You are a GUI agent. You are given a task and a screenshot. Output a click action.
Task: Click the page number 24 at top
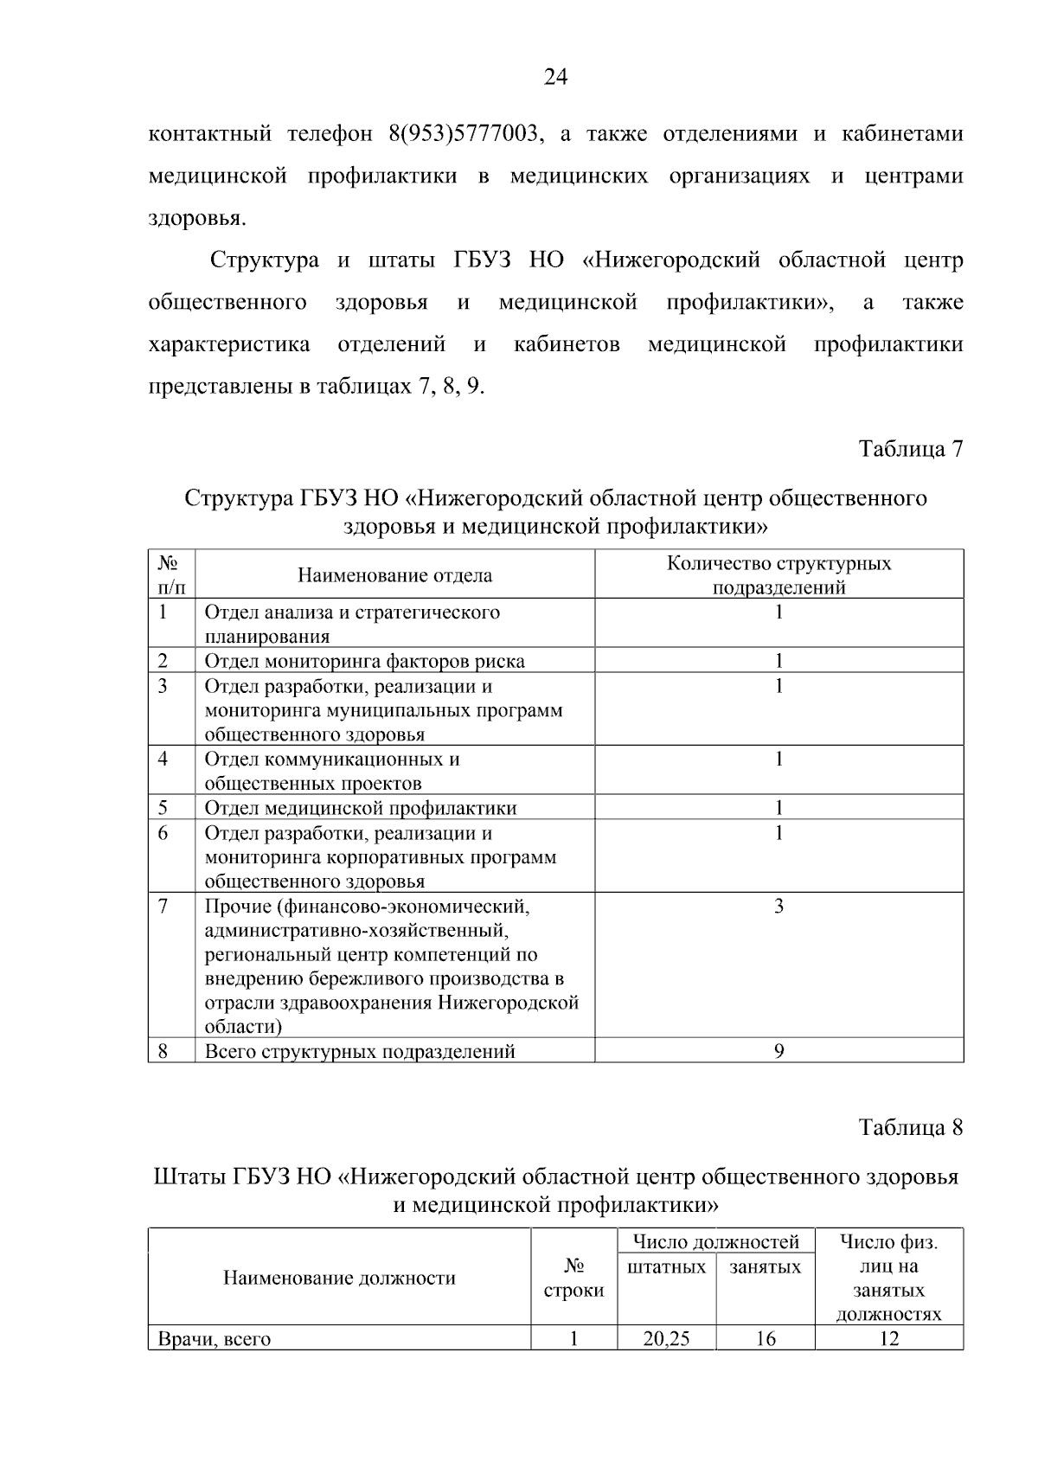(555, 79)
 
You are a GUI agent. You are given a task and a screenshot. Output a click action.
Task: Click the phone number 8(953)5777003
(467, 135)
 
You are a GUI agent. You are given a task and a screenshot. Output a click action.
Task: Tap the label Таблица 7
(910, 449)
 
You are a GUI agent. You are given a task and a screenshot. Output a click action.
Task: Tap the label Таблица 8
(910, 1128)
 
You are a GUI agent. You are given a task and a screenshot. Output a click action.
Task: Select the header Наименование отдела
(394, 575)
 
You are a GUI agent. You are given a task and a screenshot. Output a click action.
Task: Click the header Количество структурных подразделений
(778, 575)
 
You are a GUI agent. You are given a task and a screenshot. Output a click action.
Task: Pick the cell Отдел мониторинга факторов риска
(364, 661)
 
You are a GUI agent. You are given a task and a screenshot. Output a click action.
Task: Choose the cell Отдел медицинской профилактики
(361, 808)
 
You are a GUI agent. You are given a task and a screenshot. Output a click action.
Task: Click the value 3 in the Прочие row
(778, 907)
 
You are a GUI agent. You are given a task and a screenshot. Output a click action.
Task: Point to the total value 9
(778, 1051)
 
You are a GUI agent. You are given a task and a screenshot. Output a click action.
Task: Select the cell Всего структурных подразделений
(360, 1051)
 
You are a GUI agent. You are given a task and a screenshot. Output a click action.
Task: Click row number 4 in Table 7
(163, 760)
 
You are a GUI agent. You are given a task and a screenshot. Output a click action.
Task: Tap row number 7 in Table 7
(163, 907)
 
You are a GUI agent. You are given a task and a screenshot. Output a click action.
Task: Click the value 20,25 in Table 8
(666, 1339)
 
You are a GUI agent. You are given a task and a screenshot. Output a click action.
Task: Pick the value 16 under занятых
(765, 1339)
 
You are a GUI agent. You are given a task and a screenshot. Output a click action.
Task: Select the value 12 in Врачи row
(888, 1339)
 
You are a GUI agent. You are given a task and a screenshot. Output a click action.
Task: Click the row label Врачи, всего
(214, 1339)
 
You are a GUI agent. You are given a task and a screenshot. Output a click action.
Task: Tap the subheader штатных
(666, 1267)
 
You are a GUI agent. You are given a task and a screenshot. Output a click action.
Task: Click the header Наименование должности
(339, 1279)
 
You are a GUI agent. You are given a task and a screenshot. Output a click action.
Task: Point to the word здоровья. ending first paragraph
(197, 219)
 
